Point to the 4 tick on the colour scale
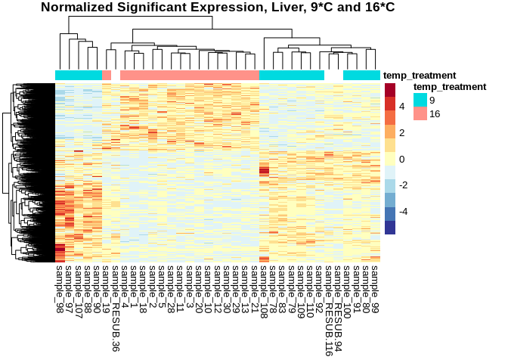pyautogui.click(x=401, y=107)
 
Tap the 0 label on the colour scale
pyautogui.click(x=401, y=159)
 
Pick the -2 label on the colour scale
pyautogui.click(x=404, y=185)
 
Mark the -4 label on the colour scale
pyautogui.click(x=404, y=211)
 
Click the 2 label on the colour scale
pyautogui.click(x=401, y=133)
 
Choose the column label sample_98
pyautogui.click(x=60, y=286)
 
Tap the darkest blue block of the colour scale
pyautogui.click(x=390, y=228)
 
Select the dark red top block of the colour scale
pyautogui.click(x=390, y=90)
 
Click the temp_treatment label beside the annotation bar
pyautogui.click(x=420, y=76)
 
